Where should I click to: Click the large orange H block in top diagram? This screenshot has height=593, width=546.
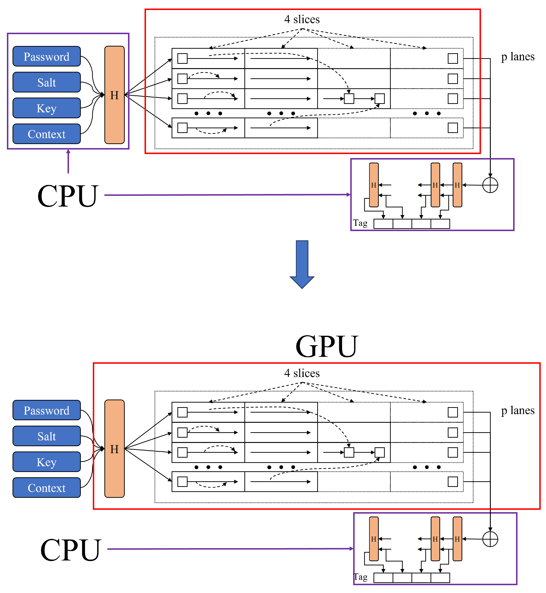coord(115,95)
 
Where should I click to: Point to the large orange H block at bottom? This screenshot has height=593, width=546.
coord(115,449)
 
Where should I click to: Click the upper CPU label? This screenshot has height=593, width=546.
coord(68,196)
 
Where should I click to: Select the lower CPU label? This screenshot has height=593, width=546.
coord(71,550)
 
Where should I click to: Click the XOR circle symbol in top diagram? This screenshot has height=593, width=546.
coord(490,185)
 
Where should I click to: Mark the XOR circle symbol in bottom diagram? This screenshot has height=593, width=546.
coord(490,539)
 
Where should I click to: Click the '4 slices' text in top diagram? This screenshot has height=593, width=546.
coord(302,19)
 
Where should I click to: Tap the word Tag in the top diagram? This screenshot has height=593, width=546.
coord(360,223)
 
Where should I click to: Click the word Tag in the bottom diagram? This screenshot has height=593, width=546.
coord(361,577)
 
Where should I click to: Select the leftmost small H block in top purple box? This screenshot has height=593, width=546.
coord(374,185)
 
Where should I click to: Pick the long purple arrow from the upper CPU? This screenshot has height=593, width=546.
coord(228,195)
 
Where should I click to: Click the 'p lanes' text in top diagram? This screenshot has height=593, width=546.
coord(518,57)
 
